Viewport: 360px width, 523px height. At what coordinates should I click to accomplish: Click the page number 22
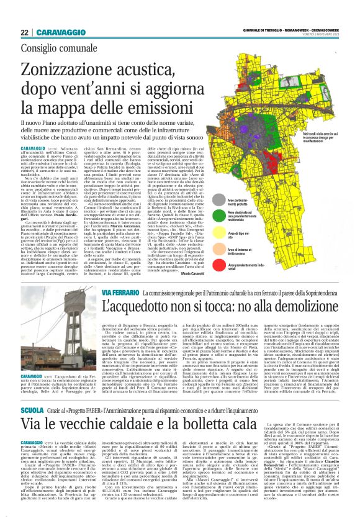tap(25, 32)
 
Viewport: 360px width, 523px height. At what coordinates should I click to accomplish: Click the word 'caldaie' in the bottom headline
tap(119, 425)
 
